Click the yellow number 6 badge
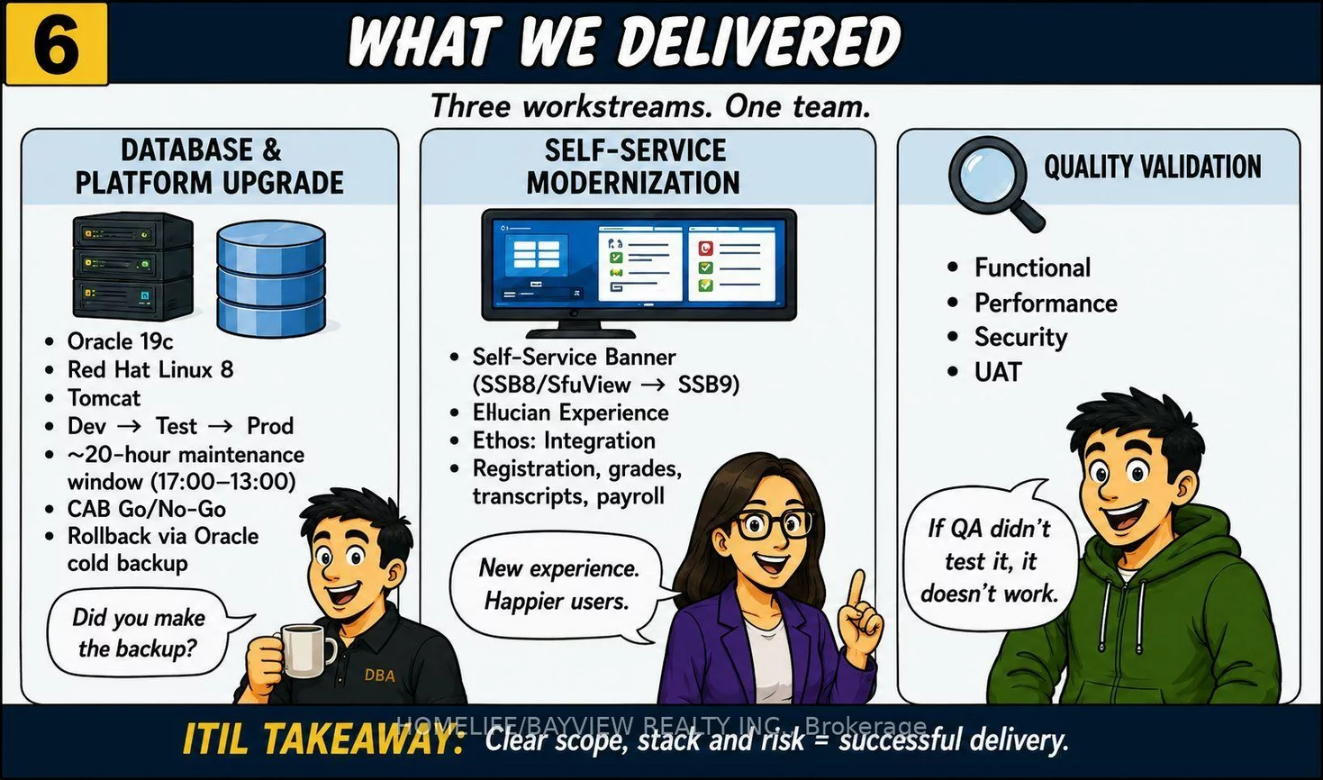57,44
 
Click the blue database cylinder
271,278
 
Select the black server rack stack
133,266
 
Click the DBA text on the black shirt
380,675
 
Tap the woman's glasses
773,523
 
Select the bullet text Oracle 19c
121,341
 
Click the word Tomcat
104,398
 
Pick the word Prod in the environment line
270,426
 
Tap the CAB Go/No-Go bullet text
147,509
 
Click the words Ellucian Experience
571,413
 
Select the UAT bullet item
998,372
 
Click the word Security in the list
1021,337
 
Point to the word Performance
1046,303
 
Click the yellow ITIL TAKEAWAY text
323,739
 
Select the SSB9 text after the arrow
709,385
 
